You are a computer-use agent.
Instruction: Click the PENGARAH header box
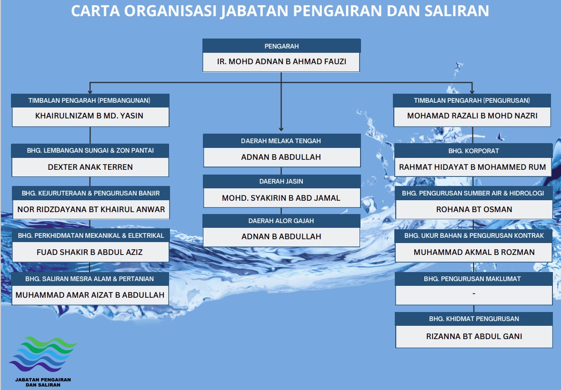281,46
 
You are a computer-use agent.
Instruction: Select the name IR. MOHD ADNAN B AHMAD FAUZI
281,61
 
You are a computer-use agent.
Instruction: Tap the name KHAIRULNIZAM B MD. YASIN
89,116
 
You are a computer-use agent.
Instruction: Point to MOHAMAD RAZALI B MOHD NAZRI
472,116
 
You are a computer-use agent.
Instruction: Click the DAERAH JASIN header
281,181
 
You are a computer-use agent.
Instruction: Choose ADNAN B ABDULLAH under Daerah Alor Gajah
281,237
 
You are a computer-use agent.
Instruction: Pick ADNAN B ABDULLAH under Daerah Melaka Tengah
281,157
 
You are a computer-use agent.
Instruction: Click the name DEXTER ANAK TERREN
90,167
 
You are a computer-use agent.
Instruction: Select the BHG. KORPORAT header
473,151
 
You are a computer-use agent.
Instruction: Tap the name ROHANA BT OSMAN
474,209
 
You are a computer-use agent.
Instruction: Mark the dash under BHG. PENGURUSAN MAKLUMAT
474,293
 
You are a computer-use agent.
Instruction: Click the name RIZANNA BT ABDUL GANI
474,336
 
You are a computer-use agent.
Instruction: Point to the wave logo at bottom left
43,354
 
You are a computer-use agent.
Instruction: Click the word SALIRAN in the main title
457,11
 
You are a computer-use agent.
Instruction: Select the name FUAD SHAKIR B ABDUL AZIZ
90,253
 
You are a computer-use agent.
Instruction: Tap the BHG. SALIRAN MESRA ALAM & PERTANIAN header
90,279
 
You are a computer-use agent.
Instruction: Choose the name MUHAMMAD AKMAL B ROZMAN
474,253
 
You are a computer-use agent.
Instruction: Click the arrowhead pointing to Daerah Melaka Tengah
281,129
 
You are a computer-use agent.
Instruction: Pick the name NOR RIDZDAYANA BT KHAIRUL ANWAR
91,209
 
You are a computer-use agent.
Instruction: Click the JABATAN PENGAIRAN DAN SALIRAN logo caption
43,382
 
